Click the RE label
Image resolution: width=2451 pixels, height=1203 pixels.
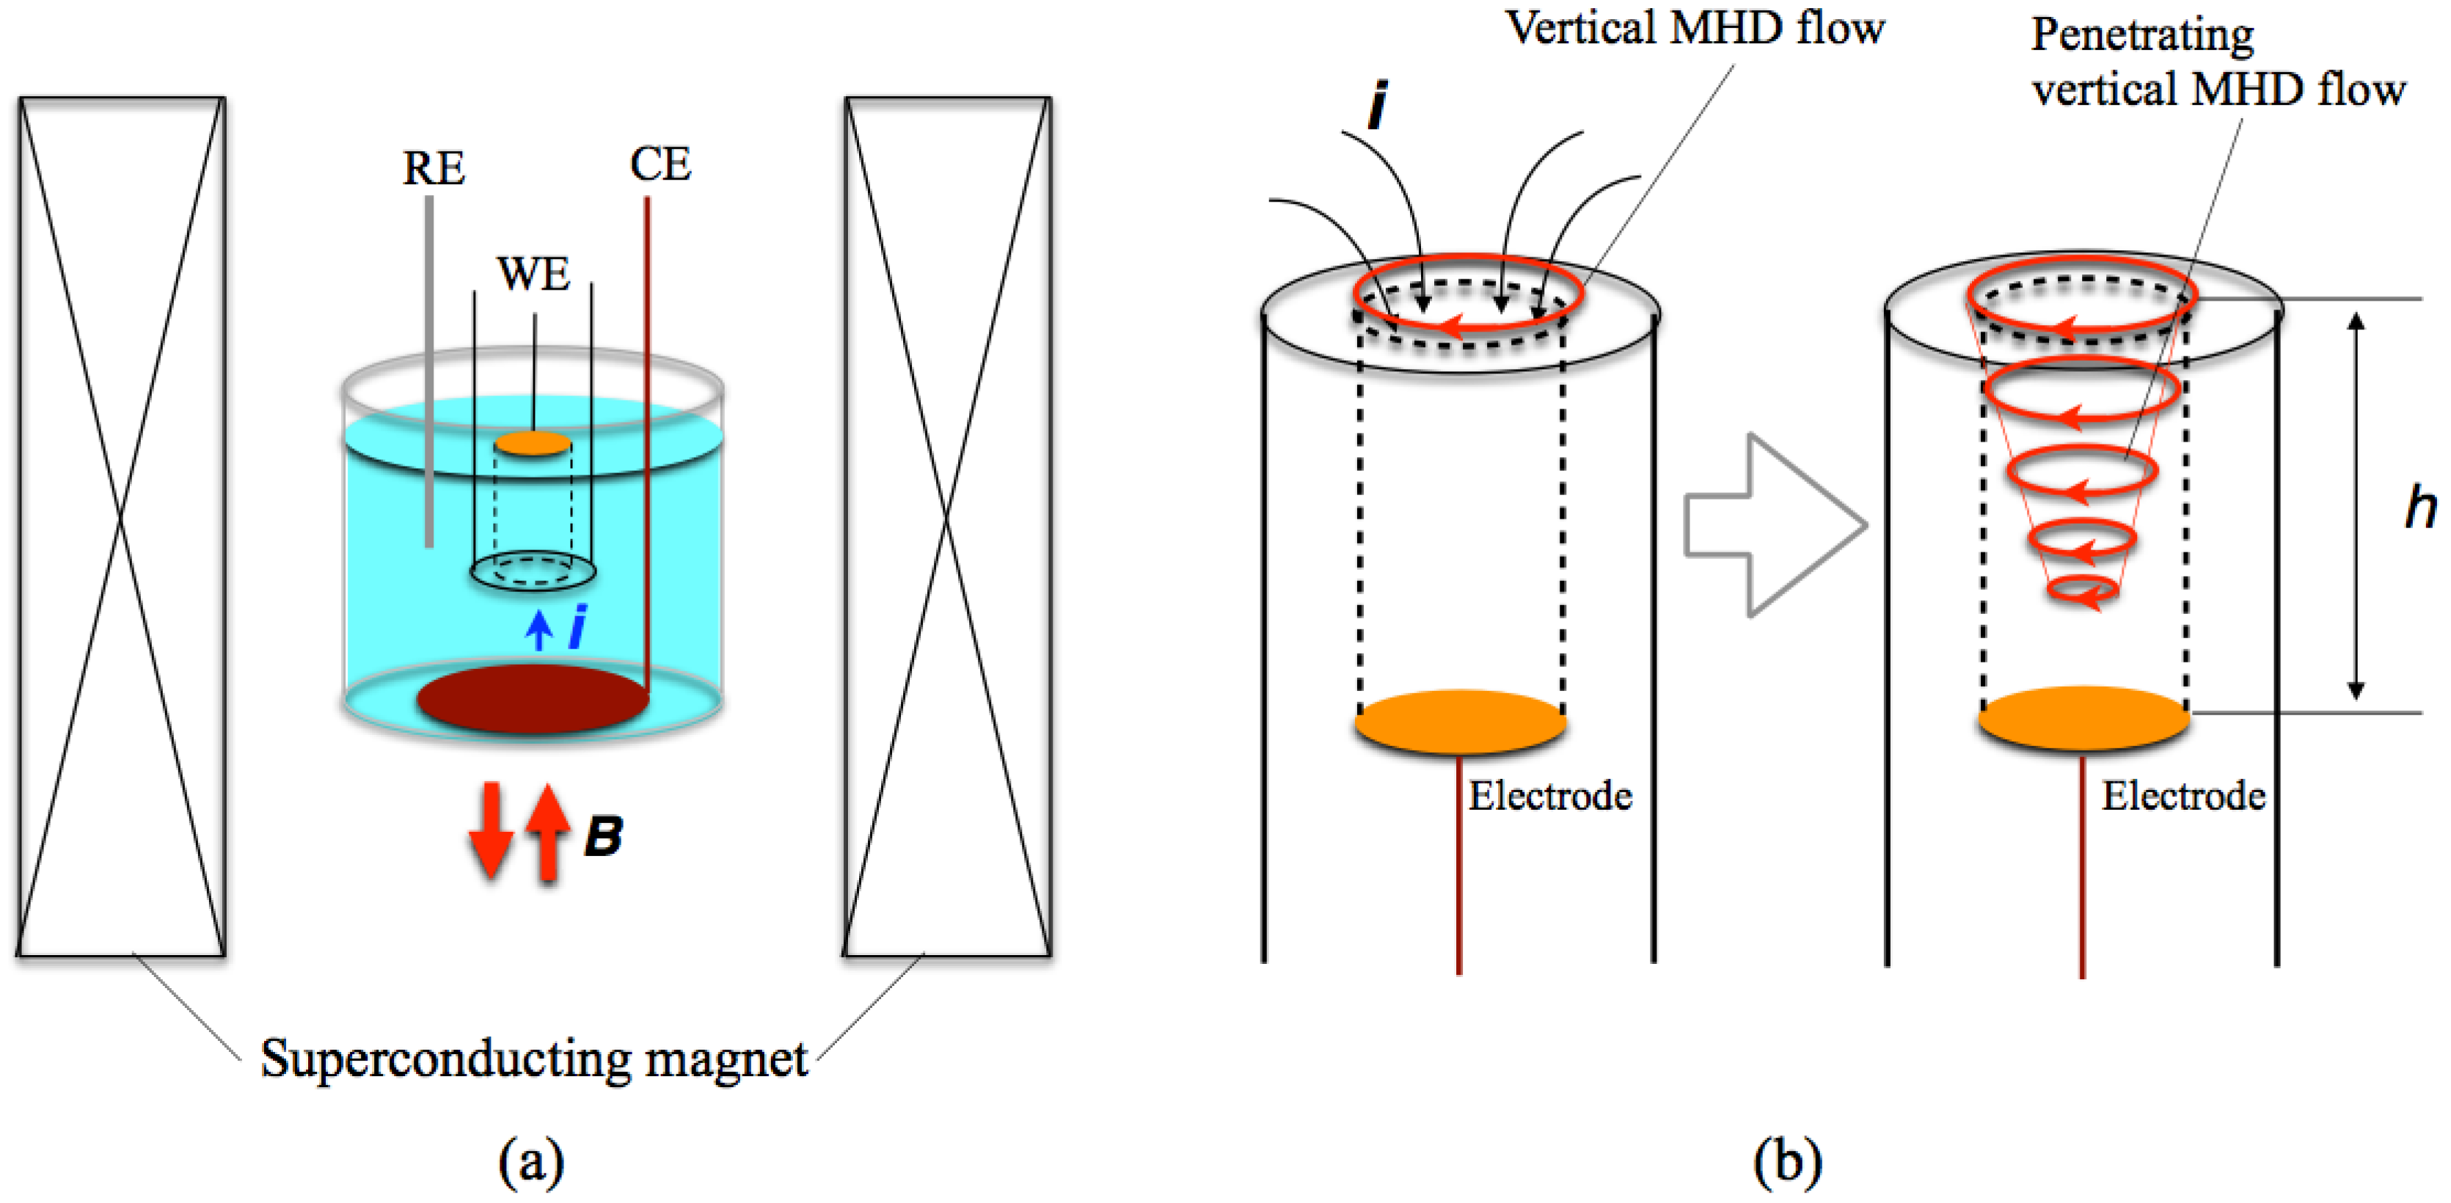(x=434, y=169)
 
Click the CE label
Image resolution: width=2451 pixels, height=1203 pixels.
(x=660, y=164)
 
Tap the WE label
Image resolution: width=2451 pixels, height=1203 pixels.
(x=534, y=274)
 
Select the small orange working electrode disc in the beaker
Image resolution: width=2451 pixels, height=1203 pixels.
(x=533, y=444)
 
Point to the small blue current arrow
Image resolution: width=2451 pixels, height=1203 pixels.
(x=539, y=630)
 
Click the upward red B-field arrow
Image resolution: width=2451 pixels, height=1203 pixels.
(x=548, y=830)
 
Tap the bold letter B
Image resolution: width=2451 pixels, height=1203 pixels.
(x=603, y=836)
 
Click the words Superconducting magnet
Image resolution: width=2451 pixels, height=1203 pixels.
(x=534, y=1058)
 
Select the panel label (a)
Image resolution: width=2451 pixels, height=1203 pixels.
(x=531, y=1161)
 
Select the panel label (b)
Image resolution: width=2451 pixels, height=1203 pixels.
(x=1788, y=1161)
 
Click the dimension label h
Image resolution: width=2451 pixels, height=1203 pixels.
(x=2420, y=506)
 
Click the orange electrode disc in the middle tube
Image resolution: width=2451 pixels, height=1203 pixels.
(x=1461, y=721)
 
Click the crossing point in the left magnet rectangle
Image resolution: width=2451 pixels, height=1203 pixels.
(x=121, y=522)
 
